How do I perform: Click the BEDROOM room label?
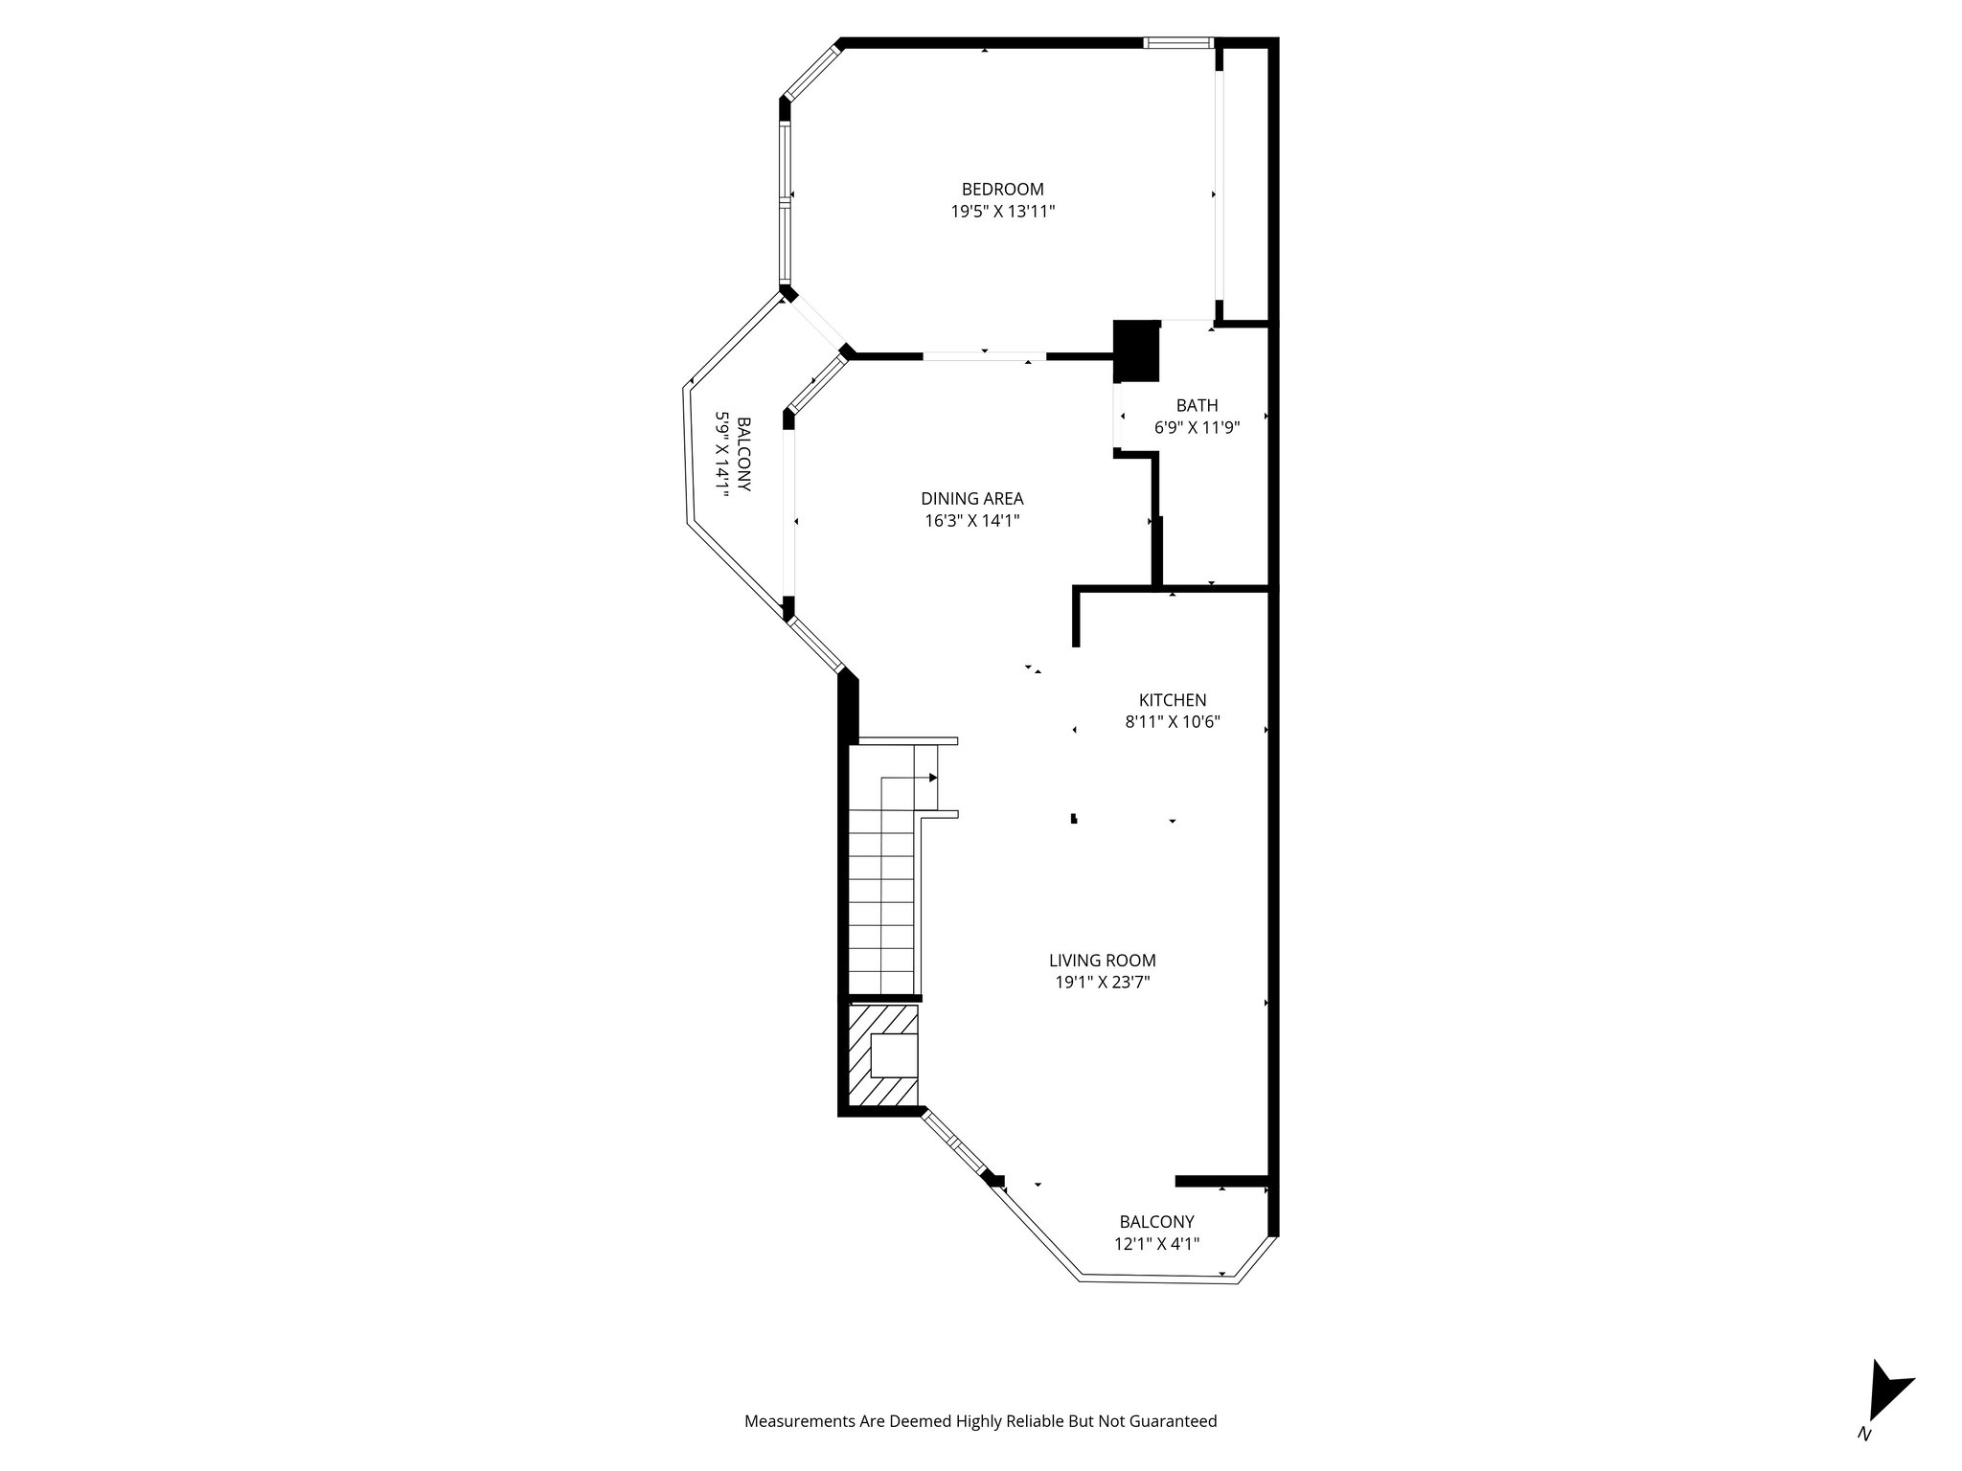tap(1002, 190)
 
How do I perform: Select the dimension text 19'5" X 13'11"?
tap(1002, 212)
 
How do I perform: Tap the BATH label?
tap(1197, 406)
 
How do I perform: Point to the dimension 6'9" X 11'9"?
tap(1197, 428)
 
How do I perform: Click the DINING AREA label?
tap(971, 499)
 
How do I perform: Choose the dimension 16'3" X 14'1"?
tap(971, 521)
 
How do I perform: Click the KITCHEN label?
tap(1172, 700)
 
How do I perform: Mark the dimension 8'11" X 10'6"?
tap(1172, 722)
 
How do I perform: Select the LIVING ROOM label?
tap(1102, 961)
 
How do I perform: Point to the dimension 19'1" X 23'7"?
tap(1102, 982)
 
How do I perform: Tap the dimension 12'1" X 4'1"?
tap(1156, 1244)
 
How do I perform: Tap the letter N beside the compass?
tap(1863, 1461)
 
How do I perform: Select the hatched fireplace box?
tap(883, 1055)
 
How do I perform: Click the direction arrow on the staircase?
tap(932, 778)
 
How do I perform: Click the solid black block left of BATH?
tap(1137, 351)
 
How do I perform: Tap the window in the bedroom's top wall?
tap(1177, 42)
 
